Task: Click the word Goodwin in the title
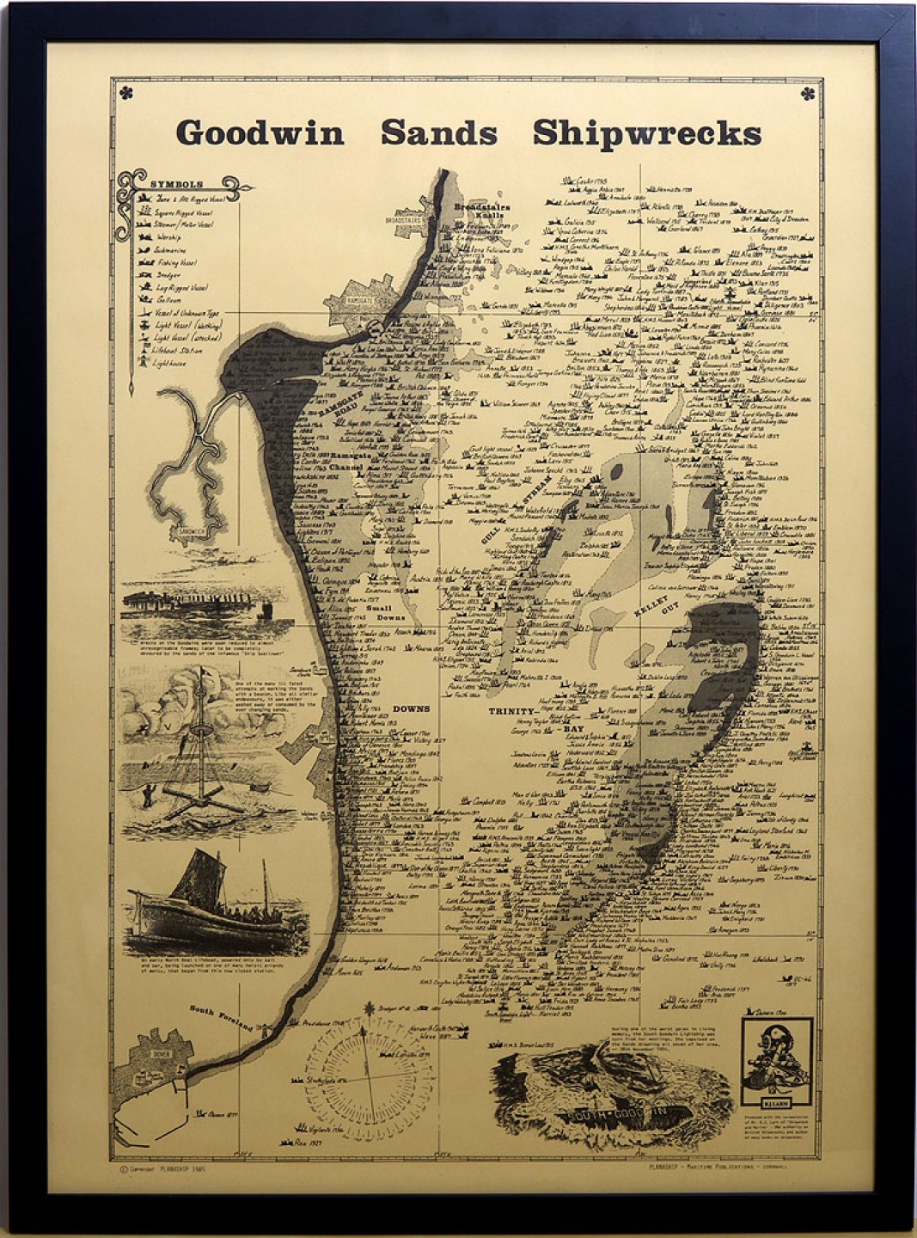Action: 260,133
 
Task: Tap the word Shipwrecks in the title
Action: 646,133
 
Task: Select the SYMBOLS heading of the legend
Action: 176,184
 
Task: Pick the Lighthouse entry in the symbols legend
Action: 169,363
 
